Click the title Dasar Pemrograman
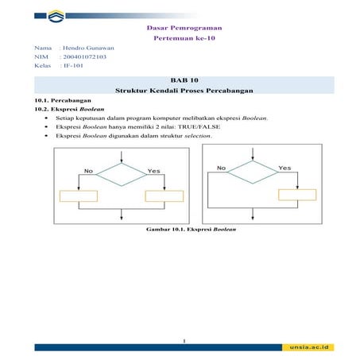[x=180, y=28]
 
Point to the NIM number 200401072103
[x=84, y=58]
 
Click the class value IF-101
[x=73, y=67]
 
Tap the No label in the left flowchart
[x=88, y=170]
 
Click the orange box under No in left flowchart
[x=79, y=195]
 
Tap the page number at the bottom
[x=183, y=341]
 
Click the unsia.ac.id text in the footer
[x=310, y=347]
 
